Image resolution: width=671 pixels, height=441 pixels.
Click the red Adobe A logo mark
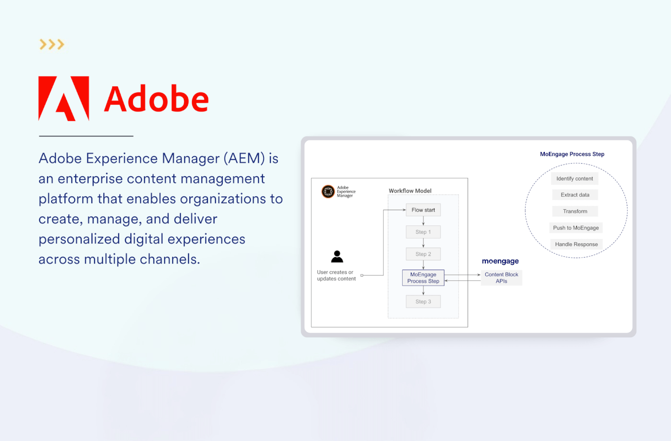click(64, 98)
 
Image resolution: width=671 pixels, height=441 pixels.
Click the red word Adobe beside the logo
click(156, 99)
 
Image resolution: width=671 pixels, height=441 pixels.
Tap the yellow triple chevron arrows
click(52, 44)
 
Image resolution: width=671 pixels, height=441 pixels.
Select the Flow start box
click(423, 210)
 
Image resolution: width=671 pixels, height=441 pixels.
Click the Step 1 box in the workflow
click(423, 232)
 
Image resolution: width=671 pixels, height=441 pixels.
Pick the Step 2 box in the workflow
click(423, 254)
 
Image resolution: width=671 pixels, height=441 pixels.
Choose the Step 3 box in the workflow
click(423, 301)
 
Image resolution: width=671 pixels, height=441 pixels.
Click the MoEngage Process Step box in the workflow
click(423, 278)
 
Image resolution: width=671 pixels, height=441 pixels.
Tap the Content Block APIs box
click(501, 278)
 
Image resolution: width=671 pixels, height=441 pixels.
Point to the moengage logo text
click(500, 261)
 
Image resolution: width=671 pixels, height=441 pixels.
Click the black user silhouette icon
click(337, 256)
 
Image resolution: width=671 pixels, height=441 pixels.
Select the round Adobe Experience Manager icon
click(328, 191)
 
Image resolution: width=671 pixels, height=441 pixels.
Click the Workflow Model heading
click(410, 191)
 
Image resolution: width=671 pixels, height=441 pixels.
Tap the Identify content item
click(574, 178)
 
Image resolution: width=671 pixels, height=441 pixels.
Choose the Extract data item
click(575, 195)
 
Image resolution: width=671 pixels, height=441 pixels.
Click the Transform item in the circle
click(575, 211)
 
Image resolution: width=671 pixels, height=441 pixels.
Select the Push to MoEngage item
click(576, 228)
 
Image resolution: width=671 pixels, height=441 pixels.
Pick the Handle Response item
click(576, 244)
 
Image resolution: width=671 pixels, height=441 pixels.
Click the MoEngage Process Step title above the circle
click(572, 154)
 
